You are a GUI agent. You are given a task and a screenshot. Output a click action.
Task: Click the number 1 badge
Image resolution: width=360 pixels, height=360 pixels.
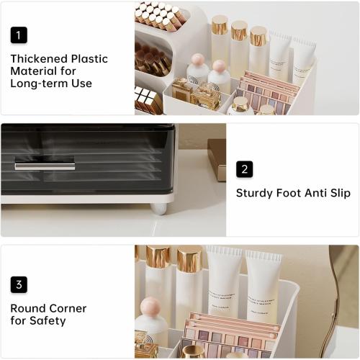click(x=19, y=35)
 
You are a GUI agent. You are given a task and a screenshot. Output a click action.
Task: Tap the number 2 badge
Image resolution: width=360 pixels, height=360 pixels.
click(x=244, y=169)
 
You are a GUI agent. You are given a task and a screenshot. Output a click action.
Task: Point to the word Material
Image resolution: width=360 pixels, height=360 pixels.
click(x=33, y=71)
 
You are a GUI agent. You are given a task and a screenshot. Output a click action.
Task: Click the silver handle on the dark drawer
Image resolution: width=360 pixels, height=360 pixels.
click(x=45, y=166)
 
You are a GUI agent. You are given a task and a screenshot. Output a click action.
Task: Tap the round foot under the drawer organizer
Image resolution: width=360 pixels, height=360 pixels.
click(x=158, y=209)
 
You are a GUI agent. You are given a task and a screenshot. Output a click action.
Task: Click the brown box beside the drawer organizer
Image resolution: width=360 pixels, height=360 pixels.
click(x=217, y=158)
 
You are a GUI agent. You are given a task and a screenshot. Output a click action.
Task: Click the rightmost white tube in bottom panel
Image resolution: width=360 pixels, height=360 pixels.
click(x=264, y=284)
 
